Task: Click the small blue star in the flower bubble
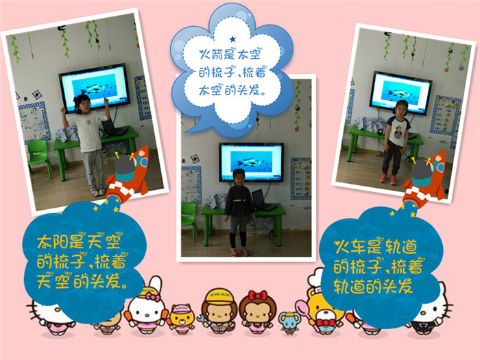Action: (232, 39)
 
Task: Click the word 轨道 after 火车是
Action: (401, 246)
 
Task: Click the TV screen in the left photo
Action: (95, 88)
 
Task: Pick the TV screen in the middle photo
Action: (252, 163)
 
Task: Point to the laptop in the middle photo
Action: (263, 200)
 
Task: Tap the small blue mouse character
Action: (289, 322)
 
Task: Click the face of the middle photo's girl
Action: (239, 177)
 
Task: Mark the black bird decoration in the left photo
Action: (62, 28)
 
